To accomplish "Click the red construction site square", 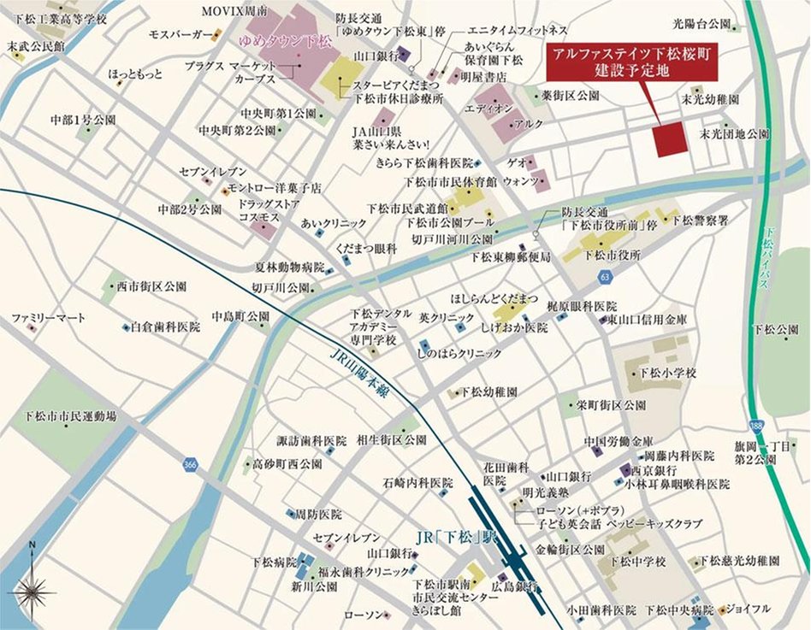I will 670,139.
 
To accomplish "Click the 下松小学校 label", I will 672,373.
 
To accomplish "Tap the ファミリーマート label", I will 48,318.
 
